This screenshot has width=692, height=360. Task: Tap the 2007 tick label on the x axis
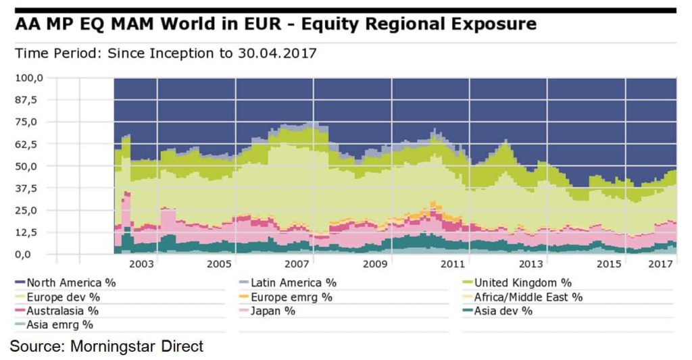297,264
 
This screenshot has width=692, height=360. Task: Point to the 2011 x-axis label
453,264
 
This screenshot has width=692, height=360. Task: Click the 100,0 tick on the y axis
30,78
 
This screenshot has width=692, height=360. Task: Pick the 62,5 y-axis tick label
30,144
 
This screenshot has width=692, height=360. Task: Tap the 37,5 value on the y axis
30,188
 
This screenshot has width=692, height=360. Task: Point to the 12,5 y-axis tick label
30,232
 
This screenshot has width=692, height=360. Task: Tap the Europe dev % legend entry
65,297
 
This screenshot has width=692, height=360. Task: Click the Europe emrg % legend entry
291,297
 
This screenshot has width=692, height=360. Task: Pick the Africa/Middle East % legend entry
528,297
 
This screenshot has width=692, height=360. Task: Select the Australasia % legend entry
62,311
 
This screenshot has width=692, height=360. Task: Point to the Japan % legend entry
273,311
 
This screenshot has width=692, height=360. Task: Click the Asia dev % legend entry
503,311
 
